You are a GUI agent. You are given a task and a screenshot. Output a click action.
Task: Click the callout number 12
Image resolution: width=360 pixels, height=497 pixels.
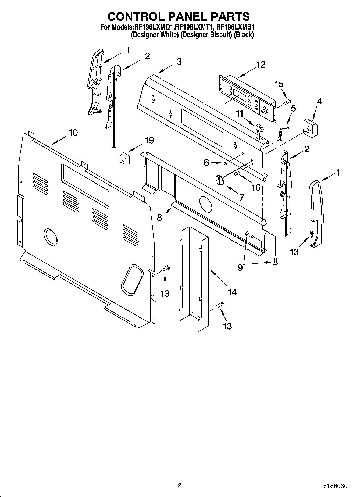261,65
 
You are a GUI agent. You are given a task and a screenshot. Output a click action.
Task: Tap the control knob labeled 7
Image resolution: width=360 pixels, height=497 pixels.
220,179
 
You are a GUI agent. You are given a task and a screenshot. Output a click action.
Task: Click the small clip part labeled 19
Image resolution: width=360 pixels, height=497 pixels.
124,158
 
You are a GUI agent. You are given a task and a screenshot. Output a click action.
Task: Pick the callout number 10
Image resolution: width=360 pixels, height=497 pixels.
73,133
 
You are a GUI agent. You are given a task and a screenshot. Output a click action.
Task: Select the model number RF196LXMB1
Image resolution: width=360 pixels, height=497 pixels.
235,27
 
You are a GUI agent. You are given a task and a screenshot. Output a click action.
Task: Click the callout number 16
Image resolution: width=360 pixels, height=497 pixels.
256,187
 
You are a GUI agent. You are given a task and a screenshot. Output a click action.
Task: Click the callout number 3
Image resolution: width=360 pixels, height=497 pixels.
179,62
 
